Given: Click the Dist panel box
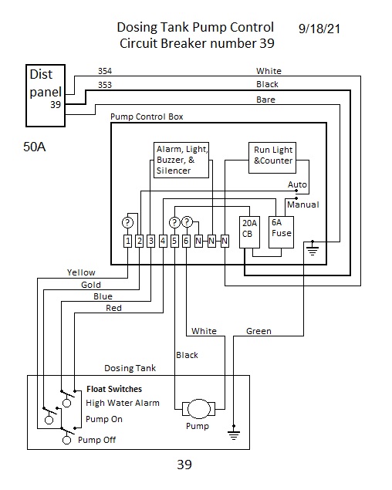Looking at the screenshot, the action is click(46, 96).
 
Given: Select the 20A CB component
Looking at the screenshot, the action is click(249, 232).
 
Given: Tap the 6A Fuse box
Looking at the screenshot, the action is click(281, 232).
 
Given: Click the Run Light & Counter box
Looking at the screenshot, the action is click(272, 158).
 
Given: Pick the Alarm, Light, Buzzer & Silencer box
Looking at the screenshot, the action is click(181, 160).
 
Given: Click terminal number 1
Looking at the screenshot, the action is click(127, 242).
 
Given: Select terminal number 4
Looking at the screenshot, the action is click(163, 242).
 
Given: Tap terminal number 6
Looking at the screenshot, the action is click(186, 242).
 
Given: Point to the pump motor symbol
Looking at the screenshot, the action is click(199, 409).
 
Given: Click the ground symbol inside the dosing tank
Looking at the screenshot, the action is click(234, 433).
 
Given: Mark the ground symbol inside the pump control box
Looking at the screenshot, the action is click(313, 248).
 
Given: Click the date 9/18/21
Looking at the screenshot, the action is click(319, 29).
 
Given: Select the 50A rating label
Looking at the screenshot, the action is click(35, 147).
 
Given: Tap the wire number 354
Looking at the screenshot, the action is click(105, 71).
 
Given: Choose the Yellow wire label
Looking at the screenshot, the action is click(81, 272).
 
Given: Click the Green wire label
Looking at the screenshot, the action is click(259, 331).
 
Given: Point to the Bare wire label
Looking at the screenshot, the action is click(265, 100).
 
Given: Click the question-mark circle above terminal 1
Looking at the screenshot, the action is click(127, 223).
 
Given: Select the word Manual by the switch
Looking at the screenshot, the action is click(303, 204).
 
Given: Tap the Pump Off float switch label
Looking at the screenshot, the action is click(96, 440).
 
